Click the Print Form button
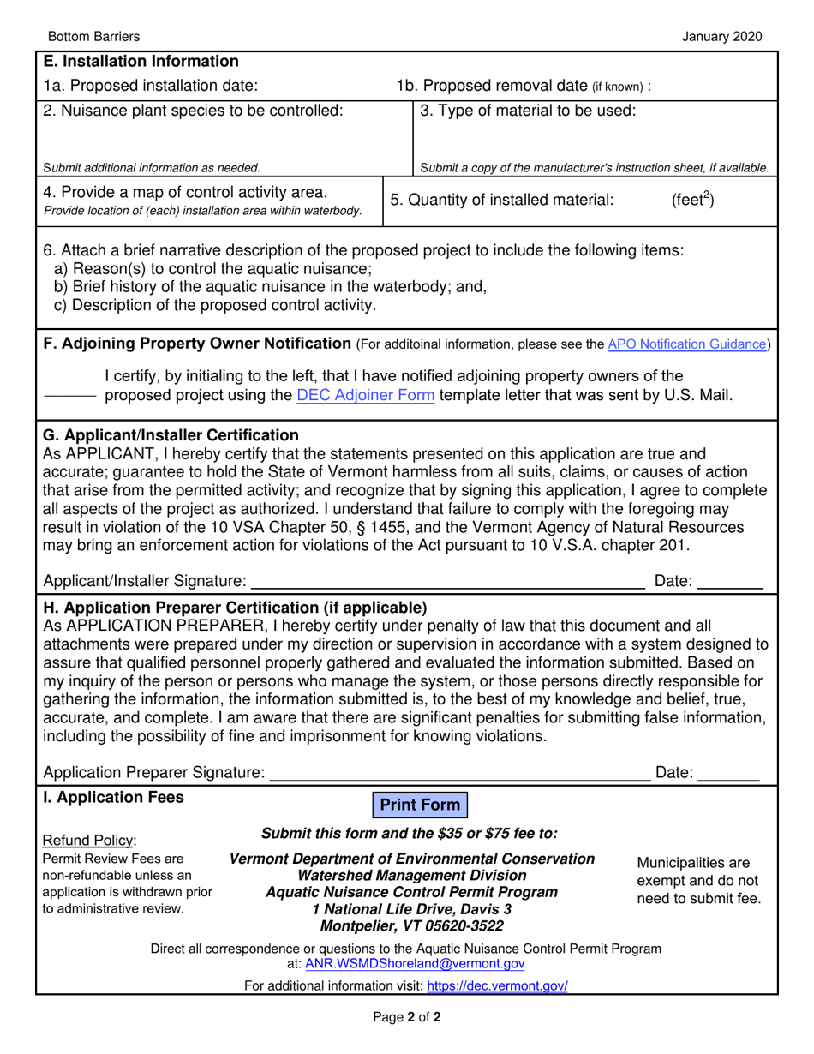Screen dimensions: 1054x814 (420, 805)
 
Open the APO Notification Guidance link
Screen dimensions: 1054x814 (686, 344)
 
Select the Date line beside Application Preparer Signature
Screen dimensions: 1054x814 (729, 774)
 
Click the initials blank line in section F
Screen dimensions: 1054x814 (69, 397)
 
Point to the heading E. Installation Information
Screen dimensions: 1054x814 (141, 62)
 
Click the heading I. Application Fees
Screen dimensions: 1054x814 (113, 797)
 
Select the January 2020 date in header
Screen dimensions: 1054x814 (721, 36)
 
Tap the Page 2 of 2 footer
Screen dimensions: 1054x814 (407, 1019)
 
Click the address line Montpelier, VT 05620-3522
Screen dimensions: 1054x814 (411, 926)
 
